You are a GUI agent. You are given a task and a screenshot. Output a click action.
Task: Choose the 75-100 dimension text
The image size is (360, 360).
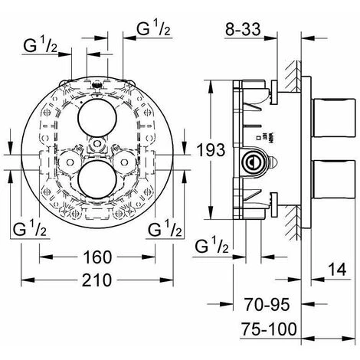pos(268,329)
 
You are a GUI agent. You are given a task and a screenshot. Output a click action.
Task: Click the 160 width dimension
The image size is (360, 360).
pos(97,255)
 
